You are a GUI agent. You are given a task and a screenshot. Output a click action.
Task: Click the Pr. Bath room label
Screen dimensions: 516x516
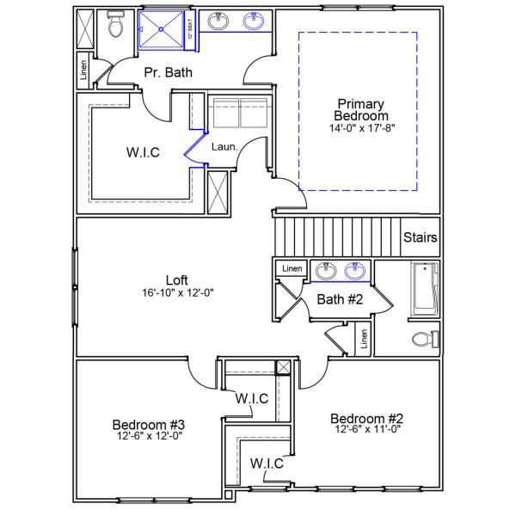click(168, 73)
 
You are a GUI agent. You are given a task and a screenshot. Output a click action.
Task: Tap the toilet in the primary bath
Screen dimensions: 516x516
click(116, 26)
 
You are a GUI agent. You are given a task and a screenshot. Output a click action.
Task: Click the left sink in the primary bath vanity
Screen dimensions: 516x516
click(218, 21)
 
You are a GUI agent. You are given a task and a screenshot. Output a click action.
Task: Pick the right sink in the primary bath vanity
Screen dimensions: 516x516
click(254, 21)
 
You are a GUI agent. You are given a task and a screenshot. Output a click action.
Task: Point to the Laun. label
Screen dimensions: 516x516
click(224, 146)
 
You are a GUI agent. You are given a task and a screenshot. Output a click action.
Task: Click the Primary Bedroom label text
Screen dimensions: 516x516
click(361, 109)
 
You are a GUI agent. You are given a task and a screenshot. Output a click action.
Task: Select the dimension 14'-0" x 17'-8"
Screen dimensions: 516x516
click(361, 128)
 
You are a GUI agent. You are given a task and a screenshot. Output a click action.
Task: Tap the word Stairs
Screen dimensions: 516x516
click(420, 237)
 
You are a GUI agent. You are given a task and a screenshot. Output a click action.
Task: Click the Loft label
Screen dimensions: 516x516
click(176, 279)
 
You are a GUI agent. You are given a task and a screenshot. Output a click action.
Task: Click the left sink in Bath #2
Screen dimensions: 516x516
click(325, 272)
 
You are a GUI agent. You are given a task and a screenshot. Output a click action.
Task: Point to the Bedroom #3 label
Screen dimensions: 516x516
click(149, 424)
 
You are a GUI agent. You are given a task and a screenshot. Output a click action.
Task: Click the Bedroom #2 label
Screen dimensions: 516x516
click(367, 419)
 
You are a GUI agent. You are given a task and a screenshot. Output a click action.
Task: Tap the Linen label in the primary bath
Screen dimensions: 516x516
click(83, 73)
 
